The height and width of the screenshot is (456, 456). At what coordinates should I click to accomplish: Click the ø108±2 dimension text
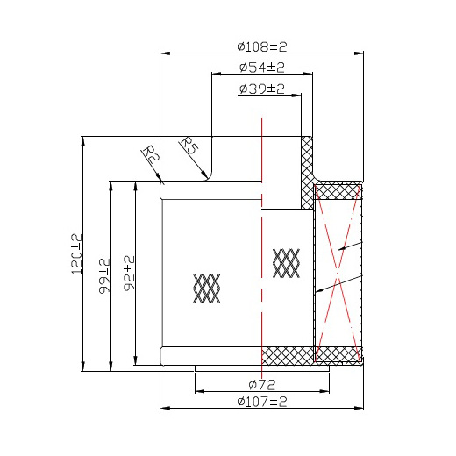tap(263, 46)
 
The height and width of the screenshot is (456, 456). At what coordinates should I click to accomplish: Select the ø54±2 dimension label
tap(263, 68)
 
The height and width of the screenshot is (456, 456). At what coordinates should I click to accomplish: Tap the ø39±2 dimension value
tap(262, 89)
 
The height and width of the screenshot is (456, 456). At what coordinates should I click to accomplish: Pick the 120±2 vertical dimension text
tap(76, 253)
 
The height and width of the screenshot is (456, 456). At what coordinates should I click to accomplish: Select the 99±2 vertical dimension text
tap(104, 274)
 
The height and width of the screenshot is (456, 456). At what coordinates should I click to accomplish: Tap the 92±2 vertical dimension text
tap(129, 274)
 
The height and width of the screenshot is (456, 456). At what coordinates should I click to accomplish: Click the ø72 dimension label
tap(263, 385)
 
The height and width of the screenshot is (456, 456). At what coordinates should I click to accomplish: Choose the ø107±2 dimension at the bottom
tap(262, 401)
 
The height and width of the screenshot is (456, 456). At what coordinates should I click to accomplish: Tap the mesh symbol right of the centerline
tap(287, 262)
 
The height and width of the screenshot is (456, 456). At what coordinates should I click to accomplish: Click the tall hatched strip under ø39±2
tap(307, 172)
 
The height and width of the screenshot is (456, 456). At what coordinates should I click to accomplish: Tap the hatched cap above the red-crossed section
tap(338, 190)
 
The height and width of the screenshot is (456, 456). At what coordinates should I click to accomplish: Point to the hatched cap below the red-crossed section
tap(338, 354)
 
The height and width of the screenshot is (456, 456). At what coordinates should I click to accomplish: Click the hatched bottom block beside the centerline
tap(288, 354)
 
